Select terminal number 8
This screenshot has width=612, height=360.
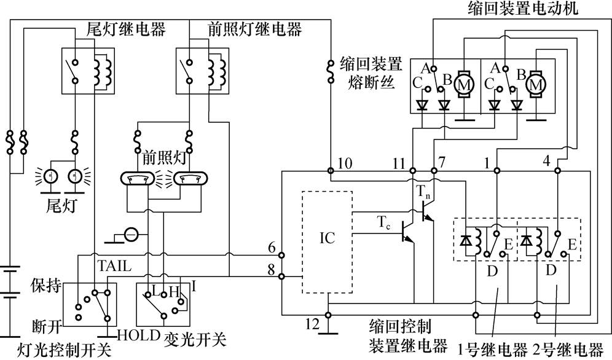(x=272, y=268)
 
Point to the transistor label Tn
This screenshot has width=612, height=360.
(x=424, y=192)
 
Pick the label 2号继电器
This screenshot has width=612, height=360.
(x=569, y=351)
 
